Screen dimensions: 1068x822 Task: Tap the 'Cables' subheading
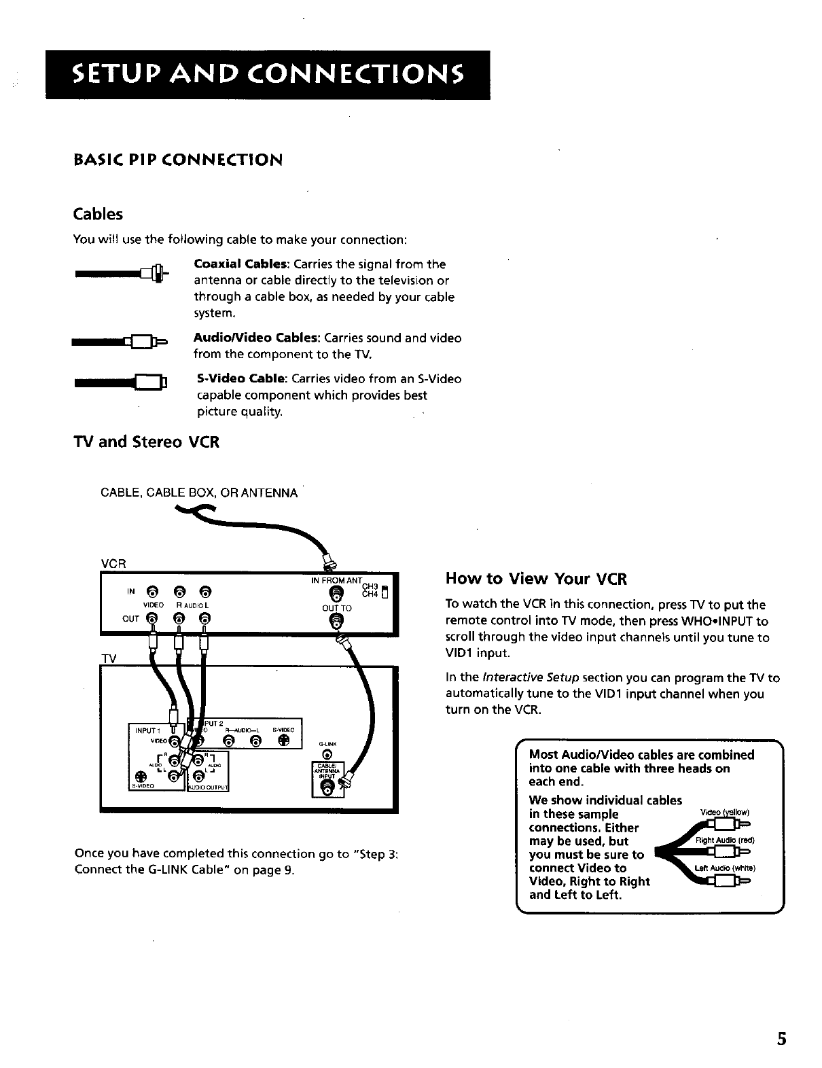point(99,214)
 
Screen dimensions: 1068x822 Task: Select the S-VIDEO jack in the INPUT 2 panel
point(283,740)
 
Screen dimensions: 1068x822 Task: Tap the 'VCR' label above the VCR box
point(111,563)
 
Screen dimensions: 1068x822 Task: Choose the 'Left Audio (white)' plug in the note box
point(726,881)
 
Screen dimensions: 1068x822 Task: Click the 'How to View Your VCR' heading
point(536,579)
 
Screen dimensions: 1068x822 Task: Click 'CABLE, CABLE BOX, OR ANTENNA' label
point(198,493)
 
